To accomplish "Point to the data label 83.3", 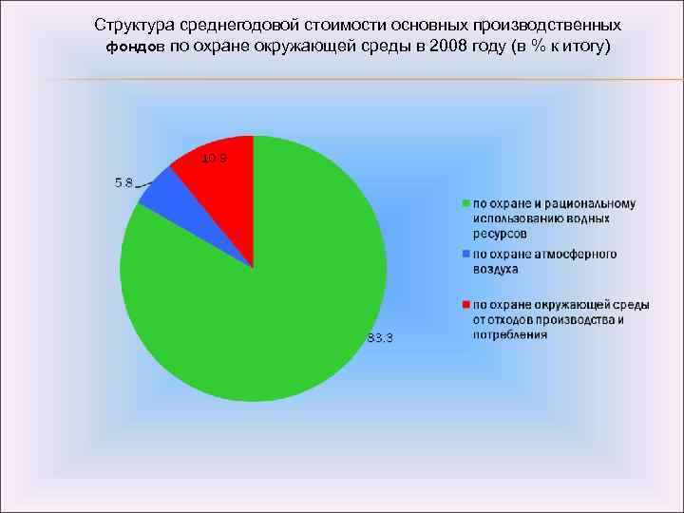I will pyautogui.click(x=380, y=339).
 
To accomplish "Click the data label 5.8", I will pyautogui.click(x=123, y=184).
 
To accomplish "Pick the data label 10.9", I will pyautogui.click(x=214, y=158).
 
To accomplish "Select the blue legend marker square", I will pyautogui.click(x=465, y=255).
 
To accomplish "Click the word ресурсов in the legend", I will pyautogui.click(x=500, y=233).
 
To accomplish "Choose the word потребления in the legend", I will pyautogui.click(x=509, y=334).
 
